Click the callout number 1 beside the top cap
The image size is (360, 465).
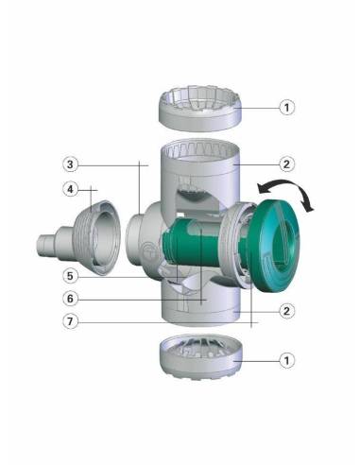pos(286,108)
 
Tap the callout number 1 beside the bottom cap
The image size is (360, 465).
pos(286,360)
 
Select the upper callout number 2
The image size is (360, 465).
pos(286,164)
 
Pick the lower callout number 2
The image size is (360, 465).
pos(286,311)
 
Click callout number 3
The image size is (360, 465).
pos(70,164)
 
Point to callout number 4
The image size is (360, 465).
pos(70,190)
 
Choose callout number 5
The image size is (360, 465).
pos(70,276)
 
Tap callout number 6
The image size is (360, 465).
pos(70,299)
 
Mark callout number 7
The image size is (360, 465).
pos(70,321)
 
